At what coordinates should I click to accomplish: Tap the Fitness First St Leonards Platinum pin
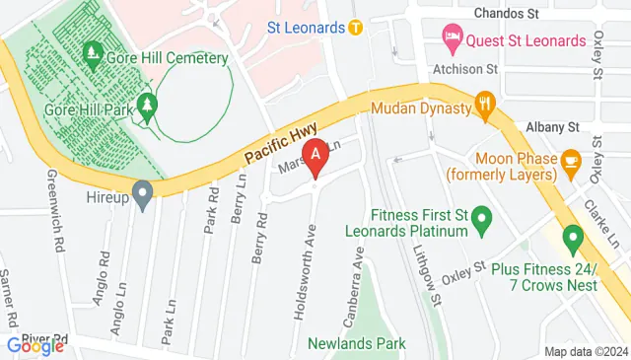click(x=481, y=218)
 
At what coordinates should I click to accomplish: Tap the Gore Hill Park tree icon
click(x=148, y=104)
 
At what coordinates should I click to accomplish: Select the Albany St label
click(x=552, y=128)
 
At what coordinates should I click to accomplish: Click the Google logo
click(x=35, y=345)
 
